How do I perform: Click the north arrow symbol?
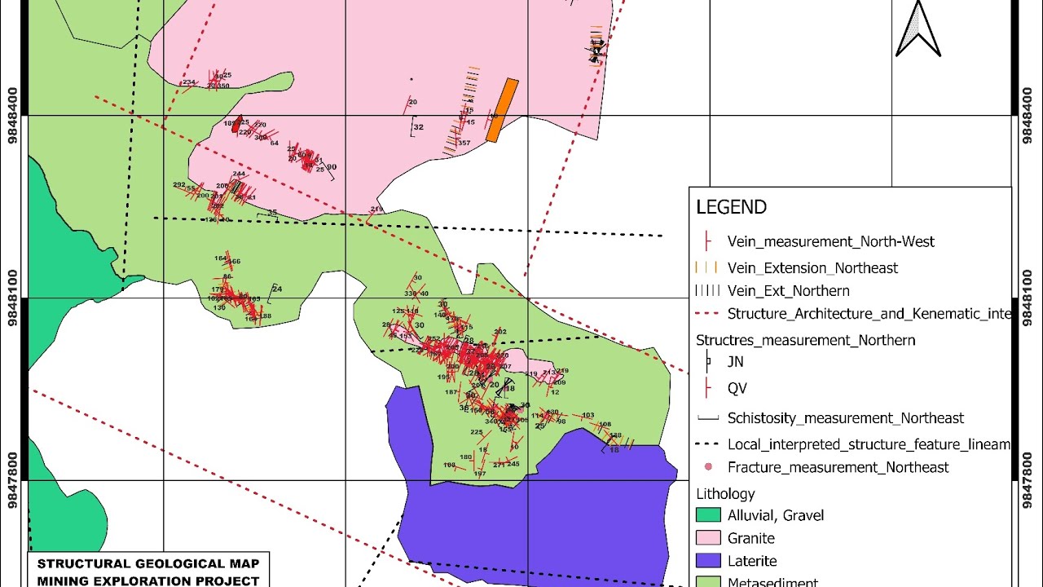[x=918, y=30]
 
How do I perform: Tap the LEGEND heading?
[x=731, y=207]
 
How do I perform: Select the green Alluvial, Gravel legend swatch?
[x=709, y=515]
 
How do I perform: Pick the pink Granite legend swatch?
[x=709, y=538]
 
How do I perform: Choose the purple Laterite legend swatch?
[x=709, y=561]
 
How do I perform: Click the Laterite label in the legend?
[x=752, y=561]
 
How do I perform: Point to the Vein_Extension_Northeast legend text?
[x=812, y=267]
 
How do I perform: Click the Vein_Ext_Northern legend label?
[x=788, y=290]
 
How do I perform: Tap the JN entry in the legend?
[x=736, y=362]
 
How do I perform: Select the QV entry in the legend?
[x=737, y=388]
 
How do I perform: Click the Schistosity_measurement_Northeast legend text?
[x=846, y=418]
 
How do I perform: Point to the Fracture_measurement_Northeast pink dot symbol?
[x=708, y=467]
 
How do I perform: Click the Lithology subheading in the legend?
[x=725, y=493]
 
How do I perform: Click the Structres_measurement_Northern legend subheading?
[x=805, y=340]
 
